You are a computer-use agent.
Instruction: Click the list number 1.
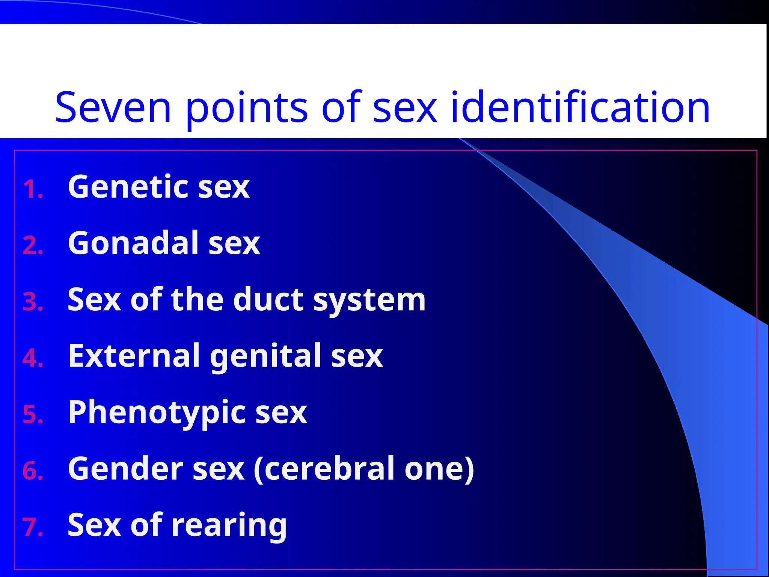33,189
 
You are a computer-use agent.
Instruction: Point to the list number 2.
33,246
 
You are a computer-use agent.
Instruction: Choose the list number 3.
33,302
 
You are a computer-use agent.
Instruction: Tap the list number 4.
33,358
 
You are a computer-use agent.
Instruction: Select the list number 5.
33,415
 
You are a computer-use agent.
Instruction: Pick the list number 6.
33,471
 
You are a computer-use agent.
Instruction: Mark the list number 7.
33,527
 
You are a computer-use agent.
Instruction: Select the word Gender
125,469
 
